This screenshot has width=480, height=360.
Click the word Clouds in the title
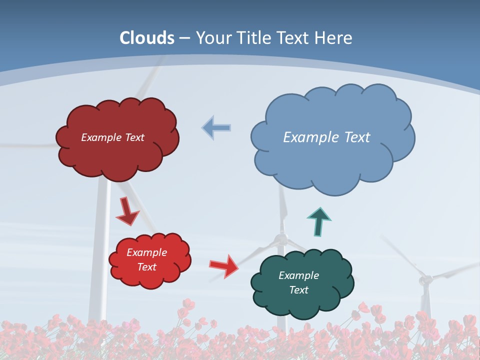point(147,38)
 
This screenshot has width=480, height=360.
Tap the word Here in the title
point(334,38)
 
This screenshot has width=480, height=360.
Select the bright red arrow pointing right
point(224,265)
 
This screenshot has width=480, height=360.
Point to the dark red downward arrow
point(128,212)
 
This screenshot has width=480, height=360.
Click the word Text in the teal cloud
point(298,290)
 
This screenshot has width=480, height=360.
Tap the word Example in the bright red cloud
point(146,252)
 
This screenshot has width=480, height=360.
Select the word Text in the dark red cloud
point(133,137)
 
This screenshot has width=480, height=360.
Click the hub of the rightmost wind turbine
point(425,280)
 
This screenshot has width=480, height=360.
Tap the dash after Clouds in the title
point(184,38)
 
